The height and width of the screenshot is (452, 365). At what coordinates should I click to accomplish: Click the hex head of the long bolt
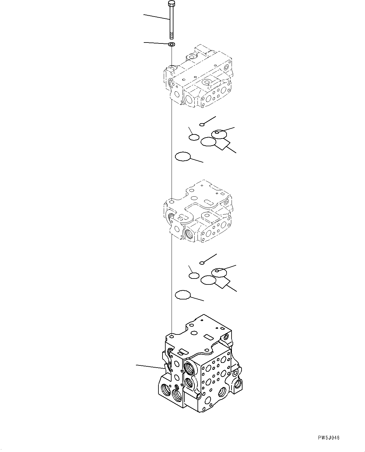[x=172, y=3]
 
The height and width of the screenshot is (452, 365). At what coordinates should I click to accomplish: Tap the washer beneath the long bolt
[x=172, y=44]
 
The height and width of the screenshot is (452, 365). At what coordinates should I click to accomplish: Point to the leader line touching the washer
[x=156, y=43]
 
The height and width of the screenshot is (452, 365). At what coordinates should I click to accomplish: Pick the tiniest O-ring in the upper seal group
[x=202, y=125]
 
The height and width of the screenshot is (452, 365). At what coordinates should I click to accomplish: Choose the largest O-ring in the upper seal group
[x=183, y=157]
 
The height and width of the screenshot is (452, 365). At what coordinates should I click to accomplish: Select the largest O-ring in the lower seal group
[x=183, y=295]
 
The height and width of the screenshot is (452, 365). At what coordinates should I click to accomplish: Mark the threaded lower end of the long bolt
[x=172, y=34]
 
